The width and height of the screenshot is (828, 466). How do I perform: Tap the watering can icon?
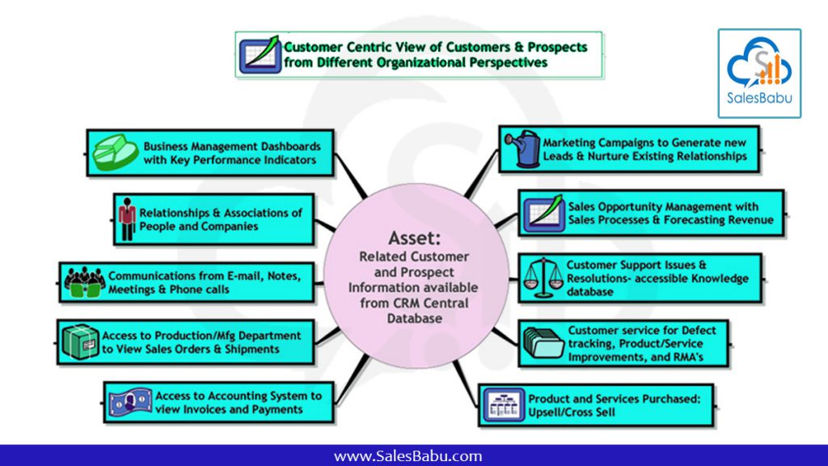pyautogui.click(x=522, y=149)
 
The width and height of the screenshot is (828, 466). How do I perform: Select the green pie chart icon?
pyautogui.click(x=115, y=152)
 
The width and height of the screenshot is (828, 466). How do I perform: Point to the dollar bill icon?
pyautogui.click(x=130, y=403)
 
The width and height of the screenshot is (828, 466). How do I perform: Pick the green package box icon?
pyautogui.click(x=80, y=342)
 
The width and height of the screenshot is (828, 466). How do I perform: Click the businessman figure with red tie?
pyautogui.click(x=127, y=219)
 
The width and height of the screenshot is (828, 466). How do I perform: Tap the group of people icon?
pyautogui.click(x=84, y=282)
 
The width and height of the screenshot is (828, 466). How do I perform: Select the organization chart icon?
pyautogui.click(x=504, y=405)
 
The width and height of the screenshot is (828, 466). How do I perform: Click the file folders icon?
pyautogui.click(x=543, y=343)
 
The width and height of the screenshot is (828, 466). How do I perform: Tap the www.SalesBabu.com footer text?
pyautogui.click(x=408, y=456)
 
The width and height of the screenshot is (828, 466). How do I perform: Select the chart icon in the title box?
pyautogui.click(x=260, y=55)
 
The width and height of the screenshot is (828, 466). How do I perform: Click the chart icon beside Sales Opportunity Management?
pyautogui.click(x=543, y=214)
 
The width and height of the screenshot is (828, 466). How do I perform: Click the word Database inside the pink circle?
pyautogui.click(x=415, y=318)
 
